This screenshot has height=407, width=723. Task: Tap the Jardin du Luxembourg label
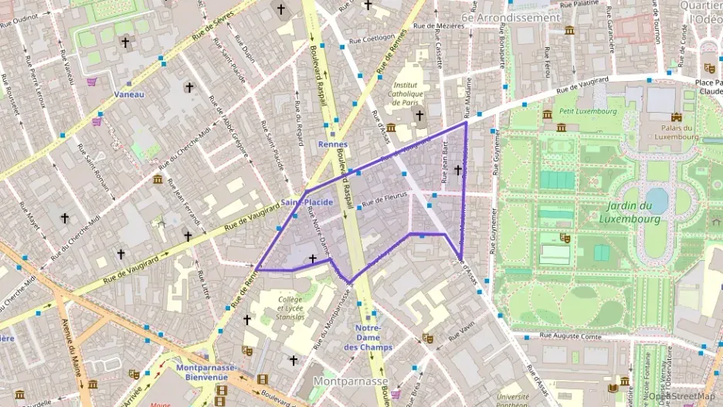point(630,212)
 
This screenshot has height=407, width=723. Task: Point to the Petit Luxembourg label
point(589,111)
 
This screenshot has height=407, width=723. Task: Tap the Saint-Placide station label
point(307,202)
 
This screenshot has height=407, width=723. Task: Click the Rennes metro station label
point(333,144)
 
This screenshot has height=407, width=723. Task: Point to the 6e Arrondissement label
point(510,17)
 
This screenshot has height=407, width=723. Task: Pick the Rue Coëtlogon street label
point(374,36)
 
